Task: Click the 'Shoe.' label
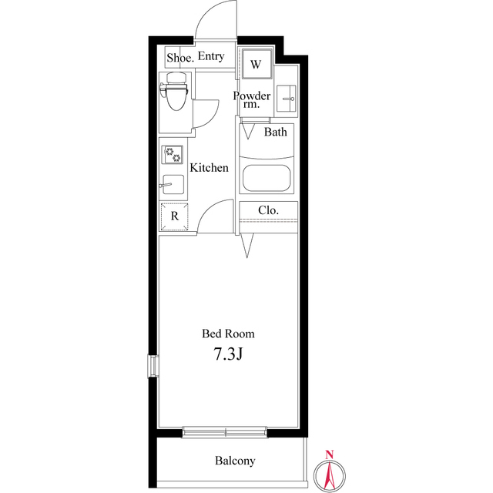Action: pos(179,58)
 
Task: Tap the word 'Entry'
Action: pos(211,57)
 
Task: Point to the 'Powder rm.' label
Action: pos(252,100)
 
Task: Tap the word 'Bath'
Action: pos(276,132)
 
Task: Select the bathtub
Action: pos(267,177)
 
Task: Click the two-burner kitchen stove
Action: pos(173,154)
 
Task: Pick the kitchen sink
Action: pos(172,185)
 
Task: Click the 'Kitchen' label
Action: pos(209,168)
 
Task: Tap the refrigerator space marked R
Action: pos(174,216)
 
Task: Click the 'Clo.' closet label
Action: pos(268,210)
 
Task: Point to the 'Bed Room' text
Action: pos(228,334)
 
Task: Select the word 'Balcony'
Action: pos(235,461)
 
